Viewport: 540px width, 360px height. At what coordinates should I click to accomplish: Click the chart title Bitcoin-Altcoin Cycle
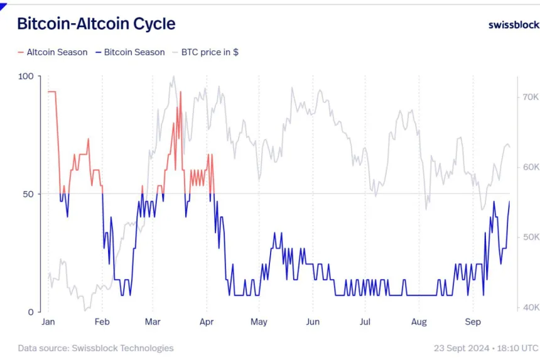(x=95, y=24)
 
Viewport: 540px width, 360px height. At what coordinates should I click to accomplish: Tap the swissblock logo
(x=513, y=25)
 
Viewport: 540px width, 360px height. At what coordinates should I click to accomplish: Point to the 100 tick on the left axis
(x=26, y=76)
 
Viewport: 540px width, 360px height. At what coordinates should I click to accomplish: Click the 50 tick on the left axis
(x=28, y=194)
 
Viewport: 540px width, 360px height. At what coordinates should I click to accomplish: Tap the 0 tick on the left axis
(x=31, y=312)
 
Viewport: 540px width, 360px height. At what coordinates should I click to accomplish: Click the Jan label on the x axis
(x=48, y=322)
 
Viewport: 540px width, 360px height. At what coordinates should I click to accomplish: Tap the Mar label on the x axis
(x=153, y=322)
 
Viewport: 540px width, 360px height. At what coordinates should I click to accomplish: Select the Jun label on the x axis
(x=313, y=322)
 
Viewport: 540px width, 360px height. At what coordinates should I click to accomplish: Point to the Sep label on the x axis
(x=473, y=322)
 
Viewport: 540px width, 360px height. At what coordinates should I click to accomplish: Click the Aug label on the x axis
(x=419, y=322)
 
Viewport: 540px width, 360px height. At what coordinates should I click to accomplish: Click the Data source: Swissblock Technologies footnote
(x=95, y=347)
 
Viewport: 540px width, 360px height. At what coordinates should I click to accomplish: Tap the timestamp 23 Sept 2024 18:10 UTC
(x=485, y=347)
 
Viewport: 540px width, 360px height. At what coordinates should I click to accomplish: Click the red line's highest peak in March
(x=181, y=92)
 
